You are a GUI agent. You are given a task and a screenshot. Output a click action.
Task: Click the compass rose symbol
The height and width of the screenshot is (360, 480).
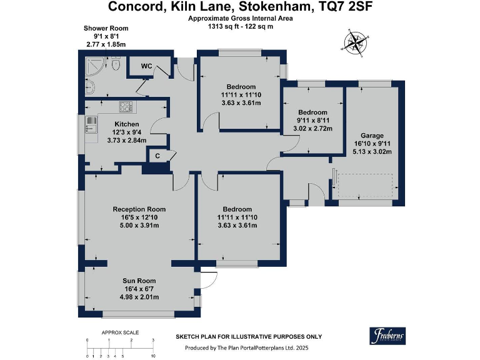(356, 43)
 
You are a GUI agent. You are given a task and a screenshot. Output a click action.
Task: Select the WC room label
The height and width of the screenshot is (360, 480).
(146, 66)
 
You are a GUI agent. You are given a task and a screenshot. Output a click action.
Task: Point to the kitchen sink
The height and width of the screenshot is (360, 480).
(91, 124)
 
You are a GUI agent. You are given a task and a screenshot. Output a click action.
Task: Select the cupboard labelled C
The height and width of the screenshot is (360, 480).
(157, 156)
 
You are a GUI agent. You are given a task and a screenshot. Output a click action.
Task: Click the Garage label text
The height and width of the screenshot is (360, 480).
(372, 136)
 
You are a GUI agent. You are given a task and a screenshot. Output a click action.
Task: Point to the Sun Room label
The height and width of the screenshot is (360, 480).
(139, 281)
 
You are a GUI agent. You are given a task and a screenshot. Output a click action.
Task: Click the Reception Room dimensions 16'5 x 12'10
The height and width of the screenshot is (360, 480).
(139, 217)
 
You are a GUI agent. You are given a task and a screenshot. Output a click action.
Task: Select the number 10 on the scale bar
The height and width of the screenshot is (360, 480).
(153, 356)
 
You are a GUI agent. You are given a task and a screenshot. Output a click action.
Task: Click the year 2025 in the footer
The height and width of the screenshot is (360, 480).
(301, 347)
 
